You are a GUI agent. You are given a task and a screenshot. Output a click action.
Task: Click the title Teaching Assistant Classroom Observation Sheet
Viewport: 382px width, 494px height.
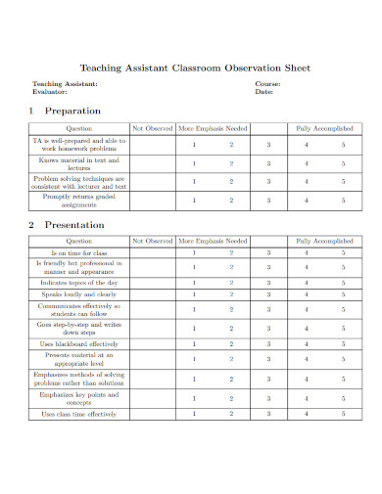pyautogui.click(x=194, y=68)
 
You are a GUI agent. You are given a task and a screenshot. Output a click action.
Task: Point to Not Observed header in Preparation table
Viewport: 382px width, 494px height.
pyautogui.click(x=152, y=128)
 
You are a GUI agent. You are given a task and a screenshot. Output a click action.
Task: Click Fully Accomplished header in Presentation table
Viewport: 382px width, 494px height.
pyautogui.click(x=325, y=240)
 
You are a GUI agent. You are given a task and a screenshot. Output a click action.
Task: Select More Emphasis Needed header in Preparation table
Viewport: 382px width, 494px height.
pyautogui.click(x=213, y=128)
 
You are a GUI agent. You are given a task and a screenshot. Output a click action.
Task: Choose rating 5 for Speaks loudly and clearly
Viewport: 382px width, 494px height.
pyautogui.click(x=343, y=293)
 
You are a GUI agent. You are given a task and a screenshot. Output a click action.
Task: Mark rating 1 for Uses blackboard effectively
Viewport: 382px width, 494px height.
pyautogui.click(x=194, y=343)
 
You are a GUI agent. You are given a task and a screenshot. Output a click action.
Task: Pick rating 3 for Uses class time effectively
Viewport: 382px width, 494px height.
pyautogui.click(x=268, y=414)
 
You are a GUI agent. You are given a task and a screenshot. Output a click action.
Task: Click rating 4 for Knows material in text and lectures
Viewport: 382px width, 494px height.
pyautogui.click(x=306, y=163)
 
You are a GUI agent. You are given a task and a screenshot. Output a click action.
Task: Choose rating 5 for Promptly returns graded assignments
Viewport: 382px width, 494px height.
pyautogui.click(x=343, y=200)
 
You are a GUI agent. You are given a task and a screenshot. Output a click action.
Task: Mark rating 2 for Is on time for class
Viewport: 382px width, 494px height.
pyautogui.click(x=231, y=252)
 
